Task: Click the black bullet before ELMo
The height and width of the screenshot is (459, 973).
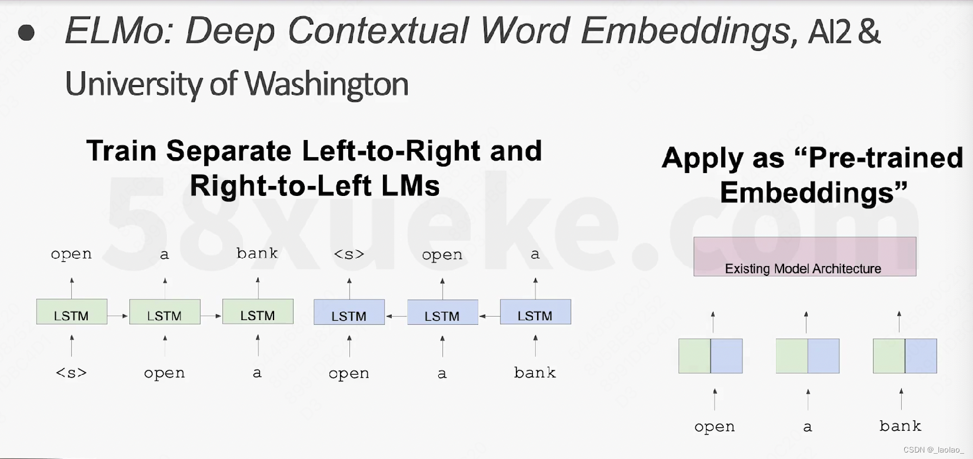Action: tap(26, 33)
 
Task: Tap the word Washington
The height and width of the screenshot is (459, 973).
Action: tap(326, 84)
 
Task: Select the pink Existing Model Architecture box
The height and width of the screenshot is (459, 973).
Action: tap(805, 257)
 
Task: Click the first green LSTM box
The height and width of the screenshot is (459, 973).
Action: tap(72, 311)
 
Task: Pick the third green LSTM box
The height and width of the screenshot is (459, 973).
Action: tap(258, 311)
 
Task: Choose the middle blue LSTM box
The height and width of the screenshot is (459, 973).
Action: tap(442, 312)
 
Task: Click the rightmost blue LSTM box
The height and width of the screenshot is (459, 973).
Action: tap(535, 312)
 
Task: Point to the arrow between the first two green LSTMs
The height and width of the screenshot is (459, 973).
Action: tap(118, 316)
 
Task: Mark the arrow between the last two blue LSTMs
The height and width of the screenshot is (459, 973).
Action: tap(489, 316)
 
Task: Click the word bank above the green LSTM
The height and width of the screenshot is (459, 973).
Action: tap(257, 253)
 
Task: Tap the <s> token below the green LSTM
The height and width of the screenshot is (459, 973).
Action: tap(71, 372)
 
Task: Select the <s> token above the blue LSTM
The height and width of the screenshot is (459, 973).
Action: tap(349, 254)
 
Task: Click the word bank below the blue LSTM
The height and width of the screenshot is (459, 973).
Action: tap(535, 372)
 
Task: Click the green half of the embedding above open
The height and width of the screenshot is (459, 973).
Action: tap(695, 356)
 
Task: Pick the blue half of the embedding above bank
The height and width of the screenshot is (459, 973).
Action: tap(921, 356)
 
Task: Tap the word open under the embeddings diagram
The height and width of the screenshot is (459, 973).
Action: tap(715, 427)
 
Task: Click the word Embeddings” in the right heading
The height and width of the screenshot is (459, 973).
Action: tap(814, 192)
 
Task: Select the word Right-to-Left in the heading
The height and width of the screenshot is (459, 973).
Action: tap(281, 185)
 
